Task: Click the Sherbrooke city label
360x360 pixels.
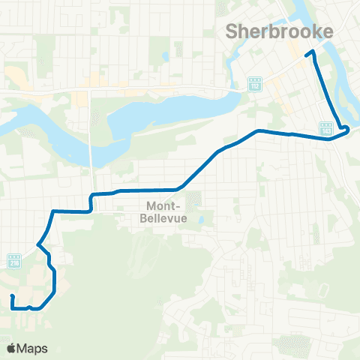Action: coord(278,31)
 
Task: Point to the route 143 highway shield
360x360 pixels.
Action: coord(326,130)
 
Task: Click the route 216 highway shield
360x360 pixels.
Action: coord(13,261)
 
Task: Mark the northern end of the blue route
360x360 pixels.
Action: coord(306,54)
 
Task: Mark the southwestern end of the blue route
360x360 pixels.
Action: coord(13,298)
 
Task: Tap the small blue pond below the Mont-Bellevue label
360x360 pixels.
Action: coord(202,220)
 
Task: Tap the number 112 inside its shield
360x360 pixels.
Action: coord(255,85)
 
